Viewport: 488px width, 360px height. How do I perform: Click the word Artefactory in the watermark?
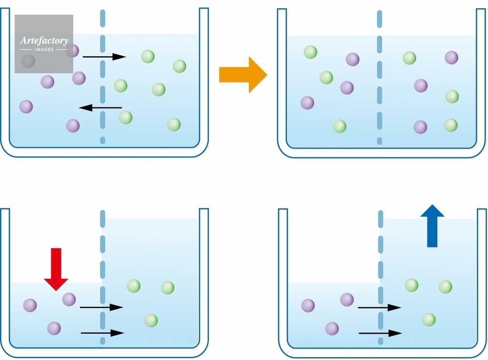pos(44,41)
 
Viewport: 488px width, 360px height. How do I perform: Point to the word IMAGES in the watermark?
pos(44,50)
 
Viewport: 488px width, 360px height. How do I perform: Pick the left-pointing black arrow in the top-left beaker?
pos(101,107)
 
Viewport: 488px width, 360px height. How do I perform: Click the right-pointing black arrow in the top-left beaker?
pos(104,57)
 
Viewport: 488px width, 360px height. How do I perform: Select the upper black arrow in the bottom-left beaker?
pos(102,307)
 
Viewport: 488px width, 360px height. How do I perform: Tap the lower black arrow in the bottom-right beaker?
pos(380,333)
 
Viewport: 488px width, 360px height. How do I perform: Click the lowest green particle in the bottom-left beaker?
pos(151,320)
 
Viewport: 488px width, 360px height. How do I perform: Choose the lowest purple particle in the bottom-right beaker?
pos(332,328)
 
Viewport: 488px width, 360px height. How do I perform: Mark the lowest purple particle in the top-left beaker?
pos(73,126)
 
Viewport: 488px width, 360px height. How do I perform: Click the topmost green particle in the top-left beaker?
pos(148,57)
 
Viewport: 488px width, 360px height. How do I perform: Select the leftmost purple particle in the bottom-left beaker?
pos(30,305)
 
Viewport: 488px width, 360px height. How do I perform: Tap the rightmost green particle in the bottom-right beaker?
pos(445,287)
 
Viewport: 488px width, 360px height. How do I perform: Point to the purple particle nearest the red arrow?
pos(69,299)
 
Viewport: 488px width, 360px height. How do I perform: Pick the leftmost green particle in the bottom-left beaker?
pos(134,286)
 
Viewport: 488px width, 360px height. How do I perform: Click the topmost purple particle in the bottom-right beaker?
pos(347,299)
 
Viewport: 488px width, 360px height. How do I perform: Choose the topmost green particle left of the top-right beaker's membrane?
pos(310,52)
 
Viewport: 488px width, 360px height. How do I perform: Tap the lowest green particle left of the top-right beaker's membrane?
pos(339,127)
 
